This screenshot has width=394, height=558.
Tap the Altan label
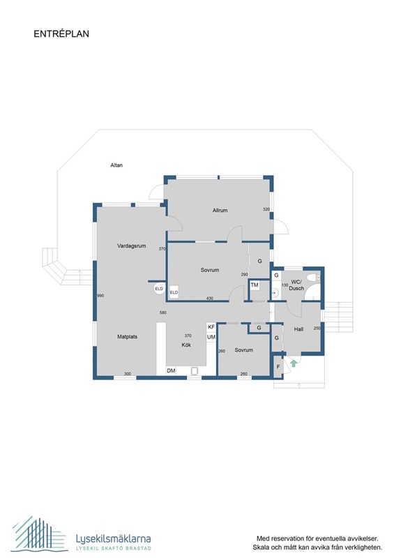tap(116, 165)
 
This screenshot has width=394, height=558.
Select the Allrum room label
tap(221, 210)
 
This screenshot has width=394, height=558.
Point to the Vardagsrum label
tap(130, 246)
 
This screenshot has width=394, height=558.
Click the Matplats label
tap(127, 336)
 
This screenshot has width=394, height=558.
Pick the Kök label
tap(186, 345)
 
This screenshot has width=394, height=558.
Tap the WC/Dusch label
tap(296, 286)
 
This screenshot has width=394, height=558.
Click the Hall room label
tap(298, 329)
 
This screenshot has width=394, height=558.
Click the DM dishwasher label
tap(171, 370)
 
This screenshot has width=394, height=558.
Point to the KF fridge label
tap(211, 327)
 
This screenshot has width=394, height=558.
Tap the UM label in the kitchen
tap(211, 338)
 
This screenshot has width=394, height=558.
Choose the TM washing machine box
tap(255, 285)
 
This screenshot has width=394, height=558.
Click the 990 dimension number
tap(100, 296)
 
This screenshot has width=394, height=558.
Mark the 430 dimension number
tap(209, 299)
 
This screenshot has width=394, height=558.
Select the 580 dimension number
tap(162, 312)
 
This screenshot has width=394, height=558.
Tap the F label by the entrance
tap(278, 366)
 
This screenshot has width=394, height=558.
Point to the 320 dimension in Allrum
tap(266, 209)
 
